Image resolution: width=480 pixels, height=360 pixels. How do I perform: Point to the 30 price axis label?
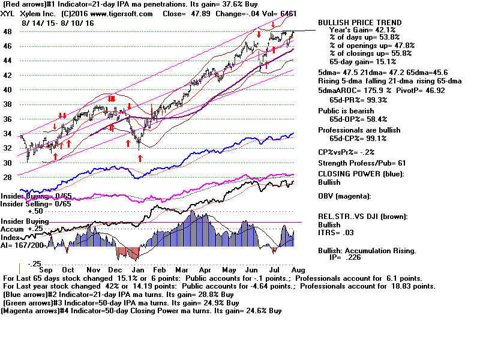point(8,163)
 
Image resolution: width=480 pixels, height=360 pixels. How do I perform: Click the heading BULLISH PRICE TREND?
point(360,23)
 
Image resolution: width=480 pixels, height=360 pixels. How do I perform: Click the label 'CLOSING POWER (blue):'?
point(361,174)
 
